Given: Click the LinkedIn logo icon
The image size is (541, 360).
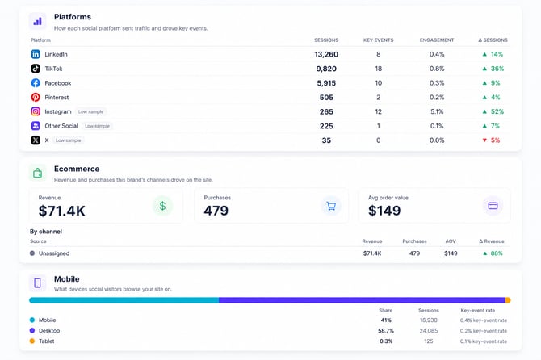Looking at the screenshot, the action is click(x=36, y=54).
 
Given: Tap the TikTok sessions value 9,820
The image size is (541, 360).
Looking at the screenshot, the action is click(x=326, y=69).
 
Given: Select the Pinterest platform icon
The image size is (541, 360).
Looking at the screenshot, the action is click(x=36, y=97).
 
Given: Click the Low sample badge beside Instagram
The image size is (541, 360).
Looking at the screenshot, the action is click(x=90, y=111).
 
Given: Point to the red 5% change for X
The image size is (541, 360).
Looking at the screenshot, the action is click(x=495, y=140).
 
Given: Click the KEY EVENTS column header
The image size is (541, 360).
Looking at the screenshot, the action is click(x=379, y=40).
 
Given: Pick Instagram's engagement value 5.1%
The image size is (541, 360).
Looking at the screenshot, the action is click(x=437, y=111).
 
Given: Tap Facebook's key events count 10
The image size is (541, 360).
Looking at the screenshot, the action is click(x=379, y=83).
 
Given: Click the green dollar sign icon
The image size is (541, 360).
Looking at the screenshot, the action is click(x=162, y=206).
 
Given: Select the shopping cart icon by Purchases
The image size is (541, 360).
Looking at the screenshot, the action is click(x=331, y=206).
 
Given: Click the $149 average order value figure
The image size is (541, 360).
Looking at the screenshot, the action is click(x=384, y=211).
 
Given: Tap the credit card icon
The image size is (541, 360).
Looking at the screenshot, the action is click(x=493, y=206).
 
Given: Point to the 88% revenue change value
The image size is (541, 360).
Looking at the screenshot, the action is click(x=497, y=253).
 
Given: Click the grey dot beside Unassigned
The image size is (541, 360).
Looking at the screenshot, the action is click(x=32, y=253).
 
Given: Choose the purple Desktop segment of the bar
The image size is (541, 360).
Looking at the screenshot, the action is click(x=362, y=300).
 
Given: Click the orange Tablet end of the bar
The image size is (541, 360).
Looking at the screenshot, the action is click(x=508, y=300).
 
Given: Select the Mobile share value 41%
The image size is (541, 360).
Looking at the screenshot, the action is click(x=386, y=320).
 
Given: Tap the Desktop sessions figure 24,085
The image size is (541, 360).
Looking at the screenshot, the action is click(x=429, y=331).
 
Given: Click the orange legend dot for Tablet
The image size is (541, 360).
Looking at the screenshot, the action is click(x=32, y=341).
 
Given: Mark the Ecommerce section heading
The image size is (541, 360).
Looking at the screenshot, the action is click(x=77, y=169).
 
